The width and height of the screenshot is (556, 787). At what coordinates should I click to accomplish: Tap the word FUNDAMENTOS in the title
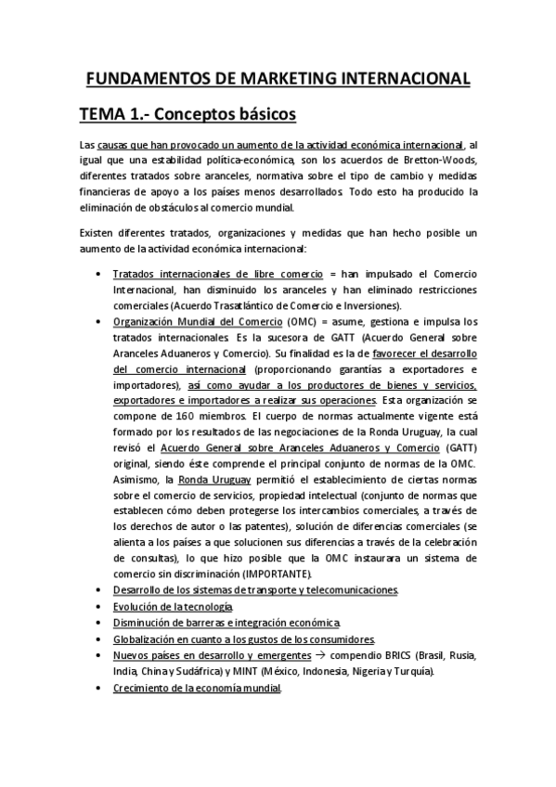tap(144, 79)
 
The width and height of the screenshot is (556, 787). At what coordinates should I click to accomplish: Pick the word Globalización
tap(145, 639)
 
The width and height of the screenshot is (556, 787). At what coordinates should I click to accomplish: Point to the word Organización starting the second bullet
tap(146, 321)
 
